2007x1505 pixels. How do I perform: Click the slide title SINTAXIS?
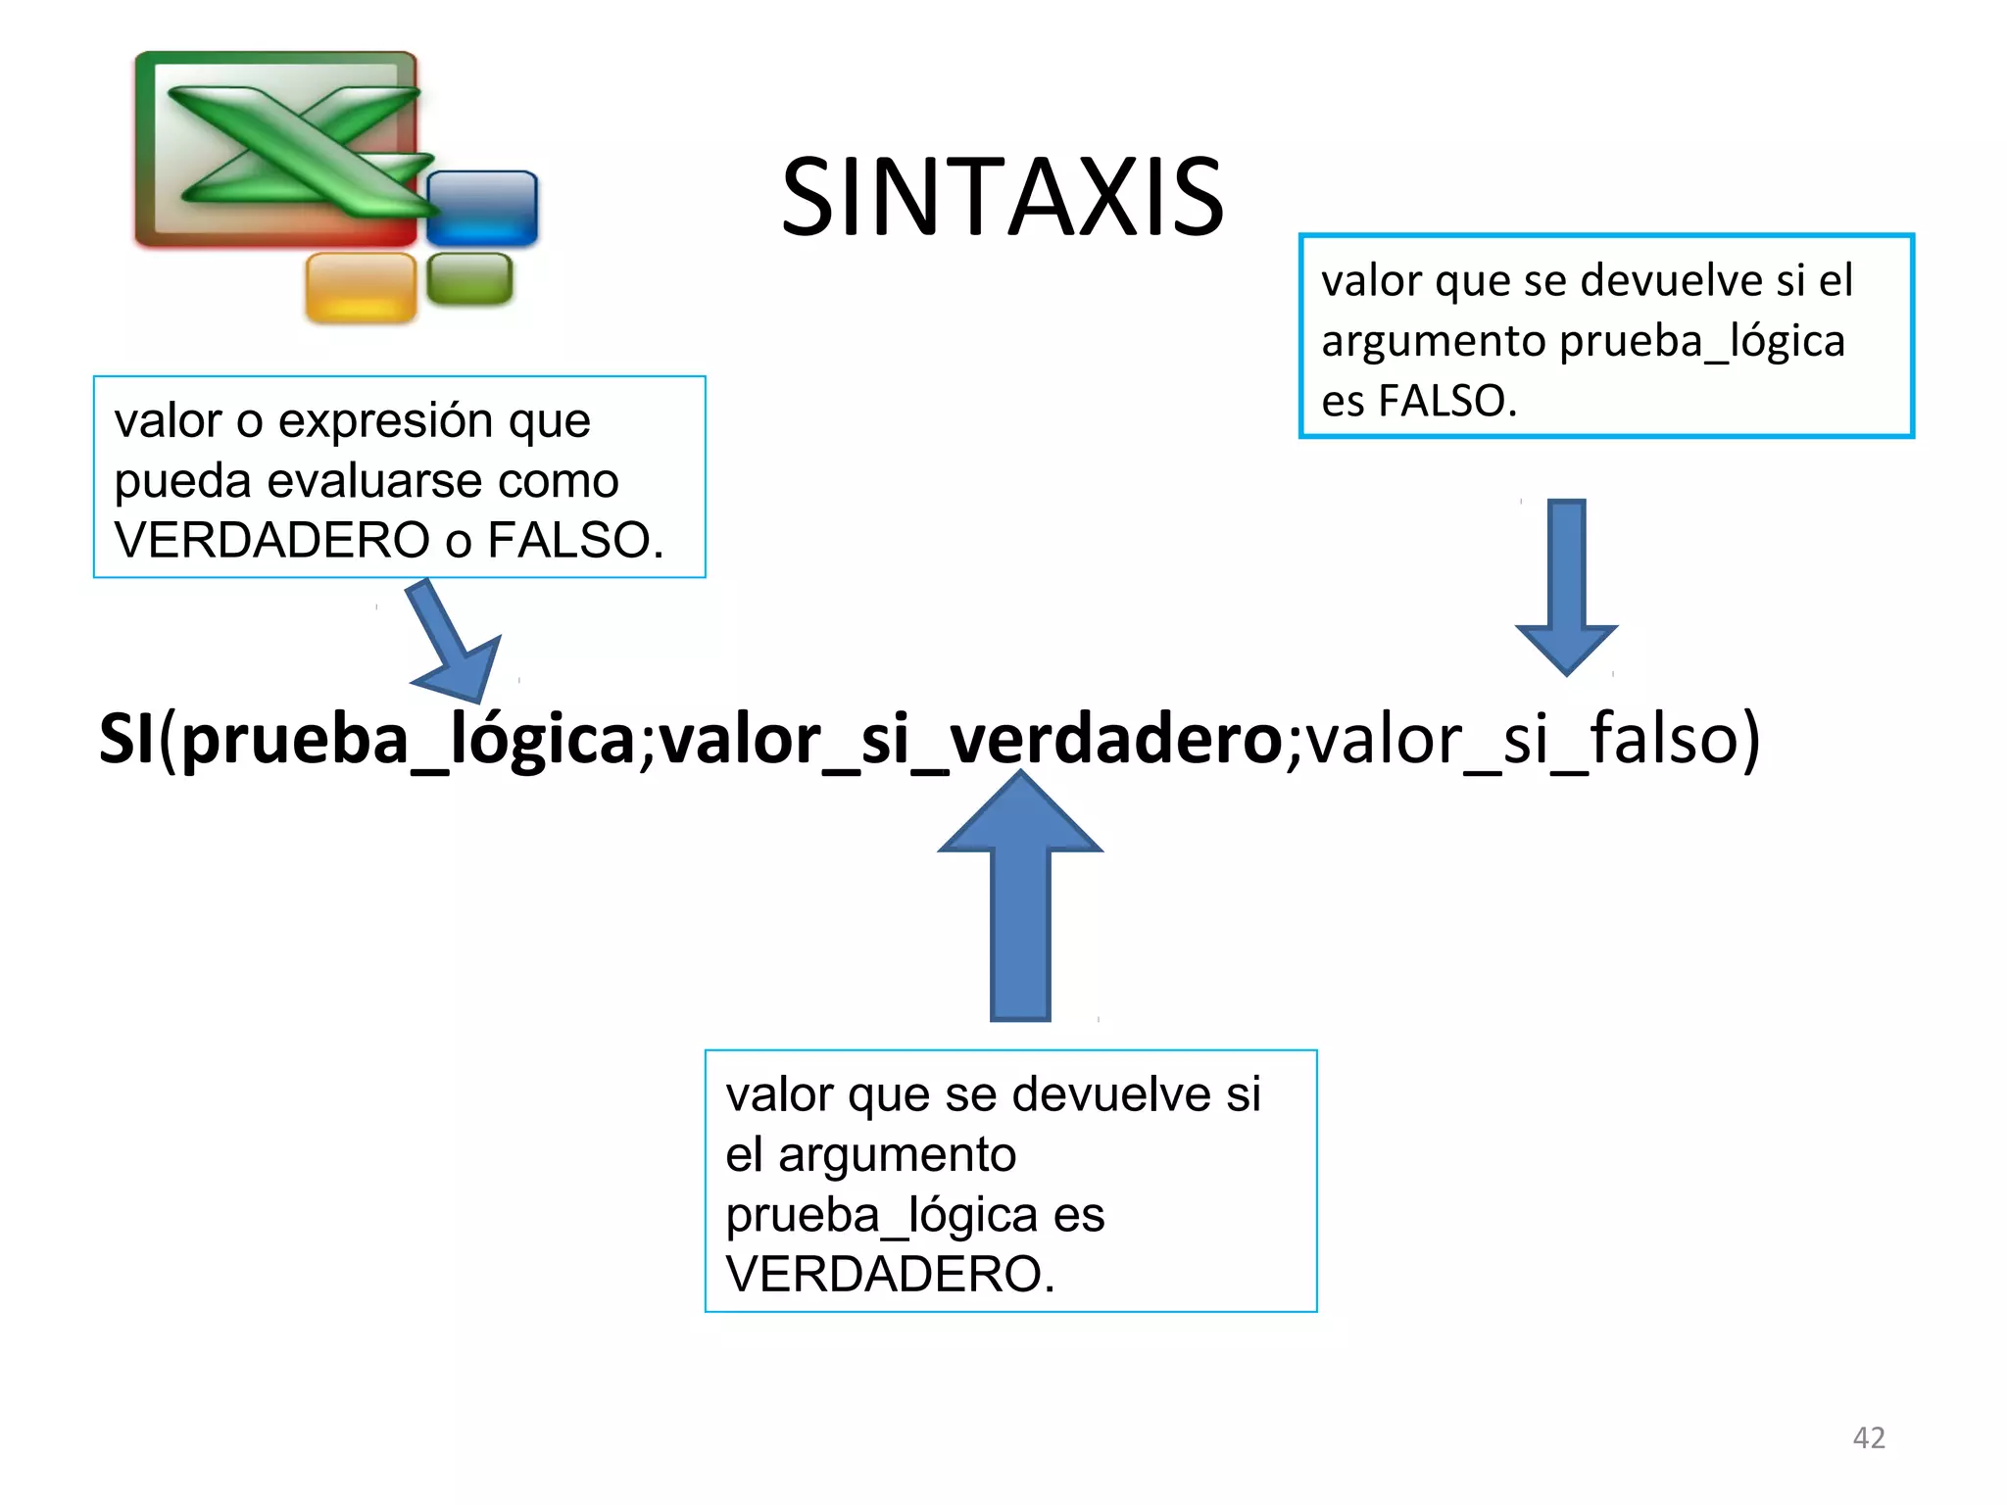(1002, 198)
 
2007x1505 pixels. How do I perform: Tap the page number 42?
(1868, 1437)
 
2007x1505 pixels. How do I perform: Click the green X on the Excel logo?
(294, 147)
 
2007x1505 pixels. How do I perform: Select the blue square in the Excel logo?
(482, 208)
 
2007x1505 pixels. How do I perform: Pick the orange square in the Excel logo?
(361, 287)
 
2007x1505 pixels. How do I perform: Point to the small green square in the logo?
(469, 278)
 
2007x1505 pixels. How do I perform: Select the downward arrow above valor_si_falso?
(1566, 588)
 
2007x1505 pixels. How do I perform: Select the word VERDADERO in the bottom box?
(889, 1274)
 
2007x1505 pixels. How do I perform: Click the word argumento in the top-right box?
(1433, 341)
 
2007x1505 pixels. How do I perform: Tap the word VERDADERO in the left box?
(271, 540)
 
